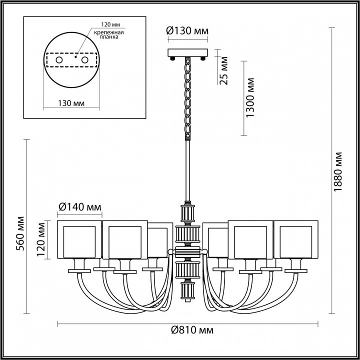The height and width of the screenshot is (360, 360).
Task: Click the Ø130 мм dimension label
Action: click(x=187, y=31)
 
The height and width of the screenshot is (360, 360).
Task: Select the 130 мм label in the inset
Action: click(x=70, y=103)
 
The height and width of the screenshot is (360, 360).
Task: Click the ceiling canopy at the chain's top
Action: click(x=188, y=52)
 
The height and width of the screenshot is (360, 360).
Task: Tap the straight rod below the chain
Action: click(x=188, y=170)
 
